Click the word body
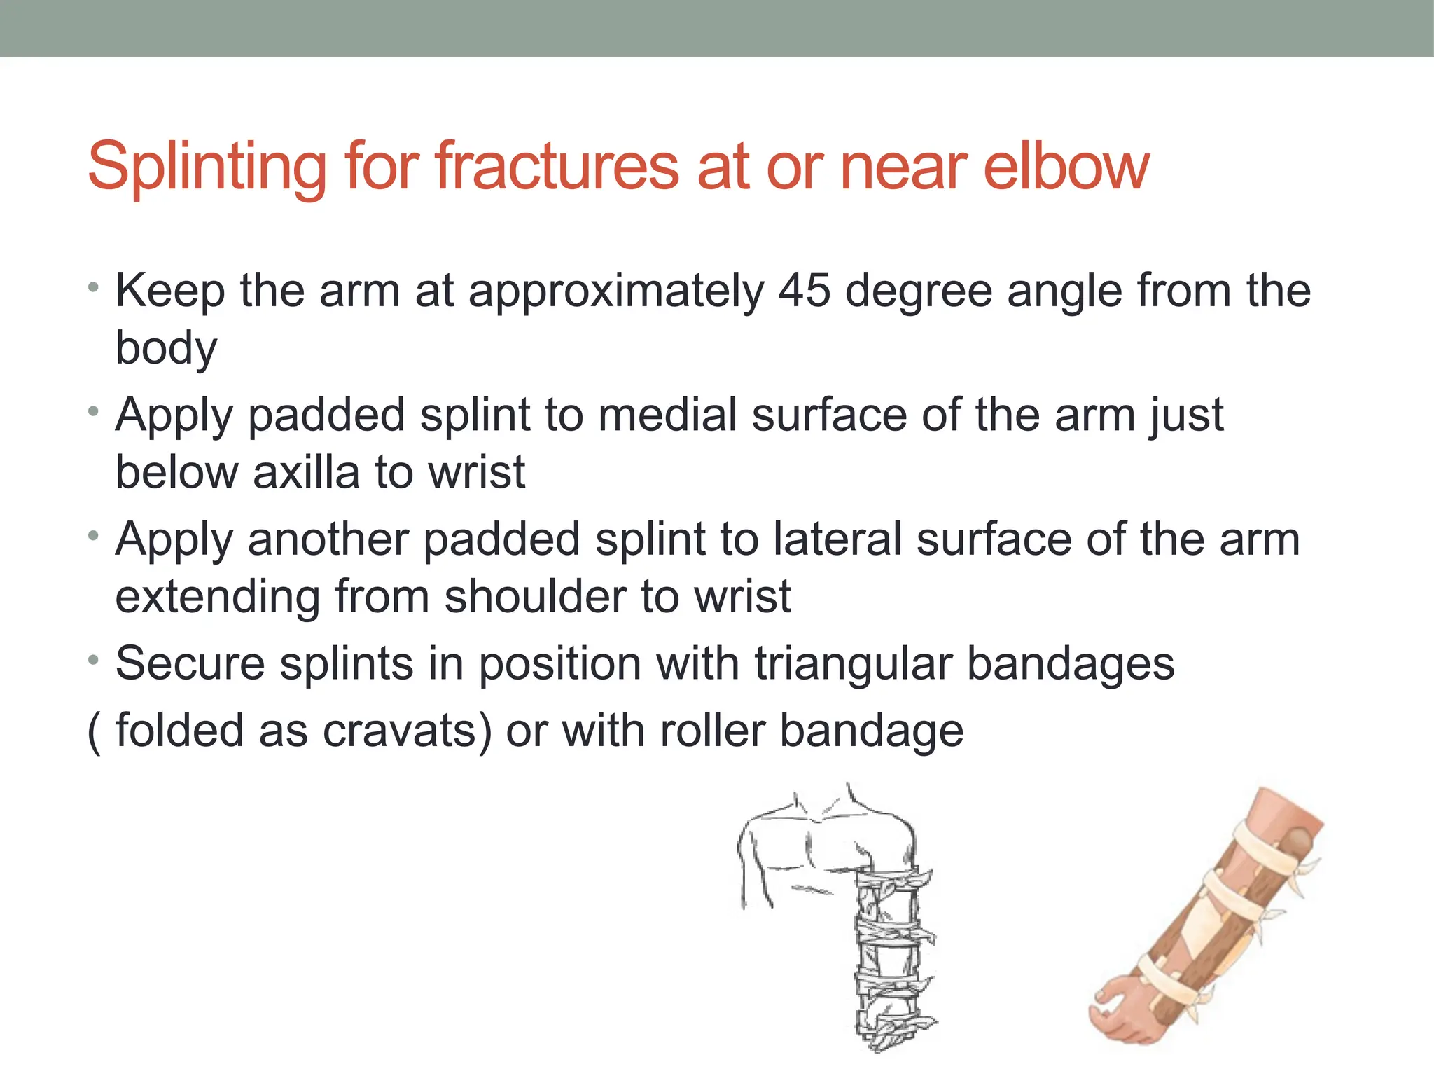coord(167,348)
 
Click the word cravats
coord(407,730)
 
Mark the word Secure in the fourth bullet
coord(190,663)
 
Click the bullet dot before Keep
coord(94,288)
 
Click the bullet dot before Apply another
coord(94,537)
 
